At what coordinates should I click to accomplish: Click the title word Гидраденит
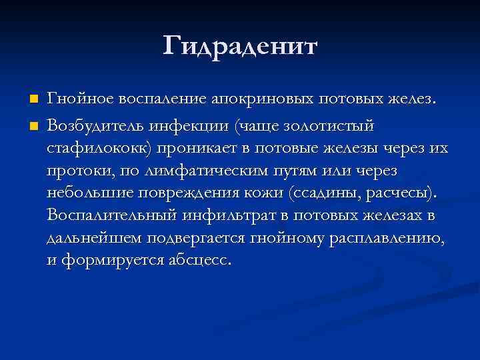[240, 47]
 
